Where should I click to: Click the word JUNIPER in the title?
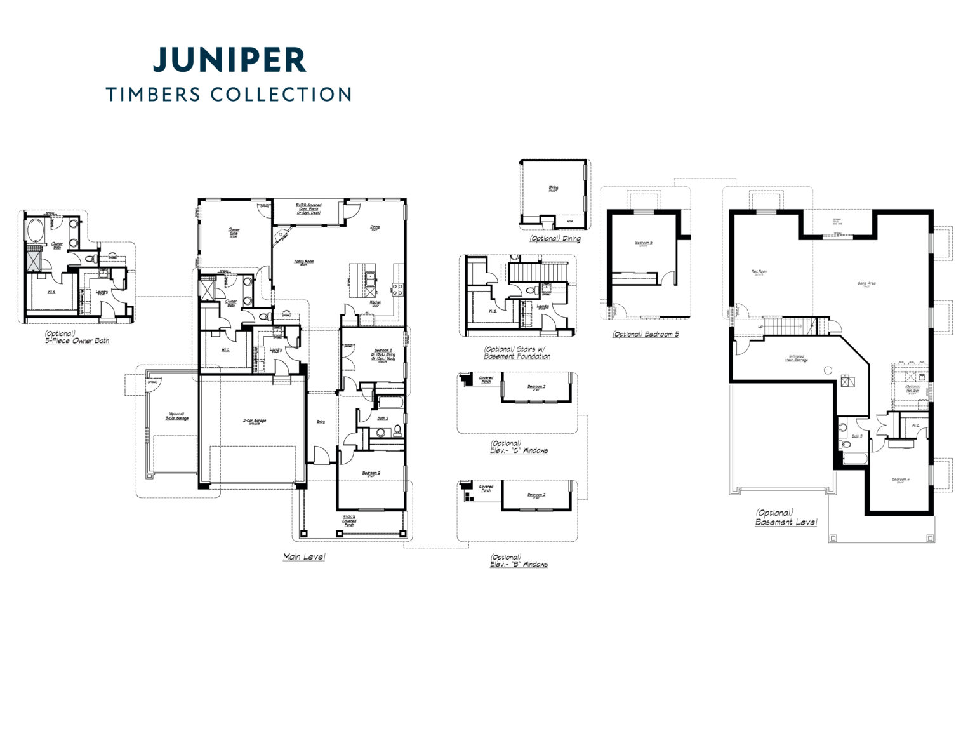point(230,60)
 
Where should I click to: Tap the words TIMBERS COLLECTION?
point(229,95)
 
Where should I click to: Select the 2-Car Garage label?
point(254,421)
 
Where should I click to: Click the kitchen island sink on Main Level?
point(369,276)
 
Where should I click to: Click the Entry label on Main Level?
point(321,421)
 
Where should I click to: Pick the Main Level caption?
point(304,556)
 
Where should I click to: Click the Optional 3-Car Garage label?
point(176,416)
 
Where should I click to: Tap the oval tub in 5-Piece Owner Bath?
point(33,229)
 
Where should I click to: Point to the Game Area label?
point(866,283)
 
